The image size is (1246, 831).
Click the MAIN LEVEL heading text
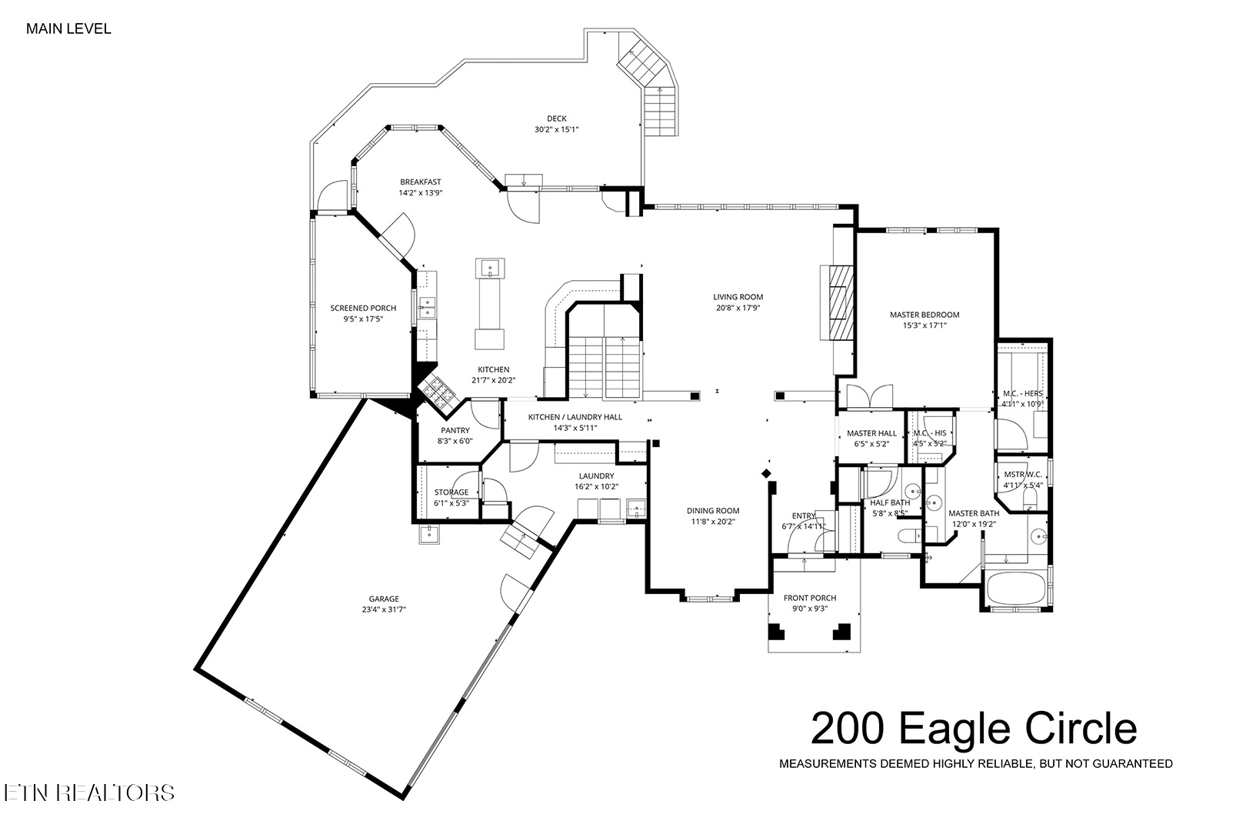68,29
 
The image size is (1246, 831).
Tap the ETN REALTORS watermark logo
89,793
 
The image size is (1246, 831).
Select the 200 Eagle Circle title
974,729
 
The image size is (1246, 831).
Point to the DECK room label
556,118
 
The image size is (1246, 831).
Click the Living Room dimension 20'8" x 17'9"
738,308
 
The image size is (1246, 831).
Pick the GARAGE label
384,599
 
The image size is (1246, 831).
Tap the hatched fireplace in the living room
841,303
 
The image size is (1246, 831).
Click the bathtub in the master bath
1015,587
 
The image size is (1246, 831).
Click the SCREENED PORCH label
363,308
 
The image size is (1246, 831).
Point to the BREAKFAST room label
421,182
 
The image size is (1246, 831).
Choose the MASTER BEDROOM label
925,315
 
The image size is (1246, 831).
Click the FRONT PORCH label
810,598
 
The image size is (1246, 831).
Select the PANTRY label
455,430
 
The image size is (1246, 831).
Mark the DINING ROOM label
713,510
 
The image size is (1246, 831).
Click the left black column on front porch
776,632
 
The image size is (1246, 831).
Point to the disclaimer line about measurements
976,763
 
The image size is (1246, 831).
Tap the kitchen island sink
490,268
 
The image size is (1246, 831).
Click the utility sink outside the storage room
430,534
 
